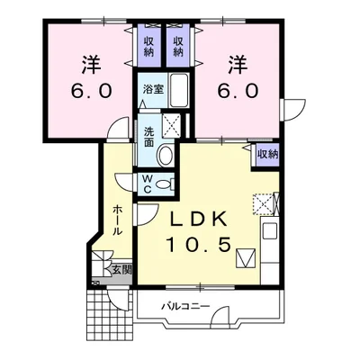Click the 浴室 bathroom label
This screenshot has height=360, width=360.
[x=153, y=89]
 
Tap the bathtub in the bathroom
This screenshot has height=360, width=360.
[x=179, y=90]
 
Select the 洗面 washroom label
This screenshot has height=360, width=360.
[x=148, y=137]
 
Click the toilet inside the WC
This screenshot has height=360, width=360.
[x=166, y=184]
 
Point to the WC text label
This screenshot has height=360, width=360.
[x=147, y=184]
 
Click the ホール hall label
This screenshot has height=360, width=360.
[x=118, y=220]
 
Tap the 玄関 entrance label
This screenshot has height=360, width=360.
[x=122, y=270]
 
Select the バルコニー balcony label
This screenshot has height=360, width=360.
[x=185, y=307]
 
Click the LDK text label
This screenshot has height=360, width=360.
[x=198, y=220]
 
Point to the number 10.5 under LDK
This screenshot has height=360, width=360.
[x=199, y=245]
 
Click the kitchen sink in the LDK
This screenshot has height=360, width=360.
[x=270, y=231]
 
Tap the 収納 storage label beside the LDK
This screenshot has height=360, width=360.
[x=267, y=155]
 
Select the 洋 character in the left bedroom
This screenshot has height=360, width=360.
[x=91, y=64]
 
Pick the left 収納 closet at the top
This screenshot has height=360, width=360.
[x=148, y=47]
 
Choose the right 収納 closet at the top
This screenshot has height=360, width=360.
[x=178, y=47]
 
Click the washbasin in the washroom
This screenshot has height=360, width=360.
[x=166, y=155]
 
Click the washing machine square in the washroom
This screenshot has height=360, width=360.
[x=172, y=125]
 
